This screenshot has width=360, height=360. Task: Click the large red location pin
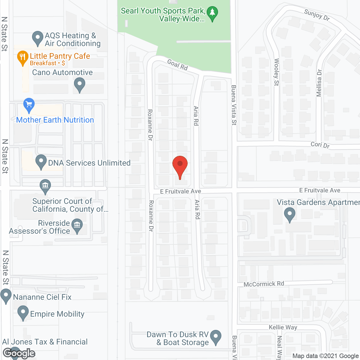tap(180, 165)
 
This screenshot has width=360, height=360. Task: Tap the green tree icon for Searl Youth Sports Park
tap(212, 13)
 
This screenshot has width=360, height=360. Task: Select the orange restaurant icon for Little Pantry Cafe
tap(22, 57)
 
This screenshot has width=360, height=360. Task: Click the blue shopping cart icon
tap(29, 105)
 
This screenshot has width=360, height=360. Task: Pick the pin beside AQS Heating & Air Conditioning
tap(37, 38)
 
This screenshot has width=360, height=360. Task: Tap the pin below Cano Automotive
tap(80, 84)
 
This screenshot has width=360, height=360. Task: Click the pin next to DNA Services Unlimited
tap(41, 161)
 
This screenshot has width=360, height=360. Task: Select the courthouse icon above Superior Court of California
tap(45, 186)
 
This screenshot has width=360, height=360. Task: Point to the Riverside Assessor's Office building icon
tap(77, 225)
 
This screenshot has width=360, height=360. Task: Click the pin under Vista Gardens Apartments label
tap(289, 214)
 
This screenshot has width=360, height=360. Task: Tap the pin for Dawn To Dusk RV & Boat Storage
tap(216, 336)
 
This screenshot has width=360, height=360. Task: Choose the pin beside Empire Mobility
tap(23, 312)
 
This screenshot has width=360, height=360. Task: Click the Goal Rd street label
tap(177, 65)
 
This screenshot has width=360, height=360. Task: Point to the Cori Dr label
tap(320, 145)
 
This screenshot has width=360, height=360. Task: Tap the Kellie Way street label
tap(283, 327)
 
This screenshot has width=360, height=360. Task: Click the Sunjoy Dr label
tap(317, 15)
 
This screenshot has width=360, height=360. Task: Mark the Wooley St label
tap(276, 72)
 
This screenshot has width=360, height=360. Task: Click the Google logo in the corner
tap(19, 353)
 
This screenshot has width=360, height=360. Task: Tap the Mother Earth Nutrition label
tap(55, 120)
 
